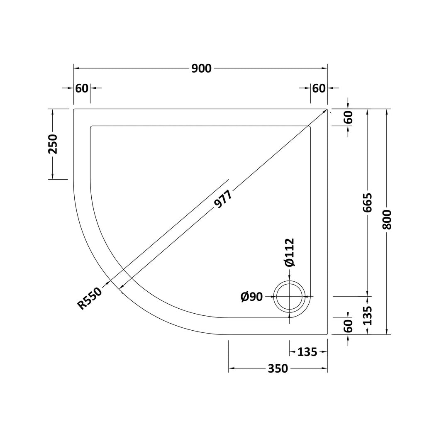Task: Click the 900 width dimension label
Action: [202, 68]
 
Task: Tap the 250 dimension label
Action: [53, 144]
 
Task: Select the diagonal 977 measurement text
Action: [223, 199]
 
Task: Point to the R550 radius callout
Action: [90, 299]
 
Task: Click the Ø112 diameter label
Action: [289, 252]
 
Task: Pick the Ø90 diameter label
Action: [251, 297]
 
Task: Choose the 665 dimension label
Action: [368, 202]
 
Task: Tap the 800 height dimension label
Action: [387, 219]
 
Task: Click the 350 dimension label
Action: [278, 369]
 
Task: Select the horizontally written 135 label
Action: [307, 352]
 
